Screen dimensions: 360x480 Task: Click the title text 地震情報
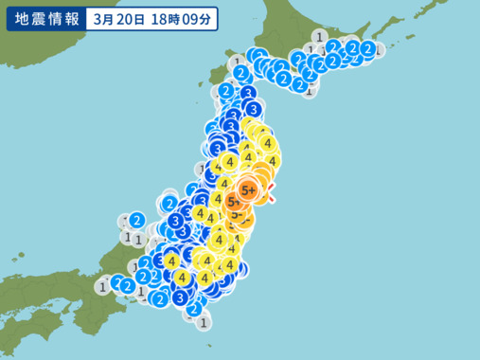click(44, 18)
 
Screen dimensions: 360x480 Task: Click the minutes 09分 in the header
click(209, 18)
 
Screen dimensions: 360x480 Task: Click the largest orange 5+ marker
click(250, 190)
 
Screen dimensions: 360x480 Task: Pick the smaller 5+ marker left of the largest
click(233, 201)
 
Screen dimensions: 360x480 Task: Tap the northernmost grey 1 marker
click(321, 37)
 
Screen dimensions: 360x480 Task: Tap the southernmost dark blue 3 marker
click(181, 297)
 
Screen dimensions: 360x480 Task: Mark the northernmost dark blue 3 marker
click(248, 94)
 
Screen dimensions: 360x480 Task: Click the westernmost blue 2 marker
click(117, 281)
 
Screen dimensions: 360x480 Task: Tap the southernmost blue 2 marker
click(193, 309)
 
